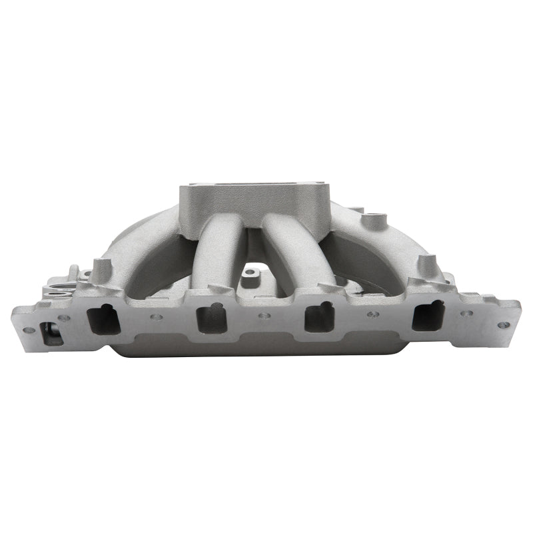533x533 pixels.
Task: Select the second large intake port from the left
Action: pos(212,318)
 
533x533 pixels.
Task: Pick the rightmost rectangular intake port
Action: pos(427,314)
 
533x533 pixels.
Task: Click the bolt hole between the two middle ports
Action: pos(265,316)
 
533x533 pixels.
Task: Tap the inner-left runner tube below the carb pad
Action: pos(212,253)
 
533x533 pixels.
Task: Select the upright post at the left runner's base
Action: pos(102,270)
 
